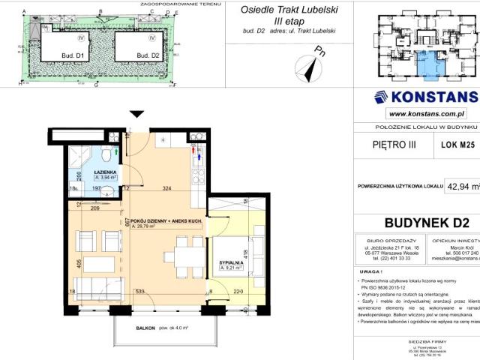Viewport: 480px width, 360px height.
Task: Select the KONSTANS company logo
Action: [424, 97]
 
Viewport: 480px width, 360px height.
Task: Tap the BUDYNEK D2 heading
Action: [426, 222]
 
